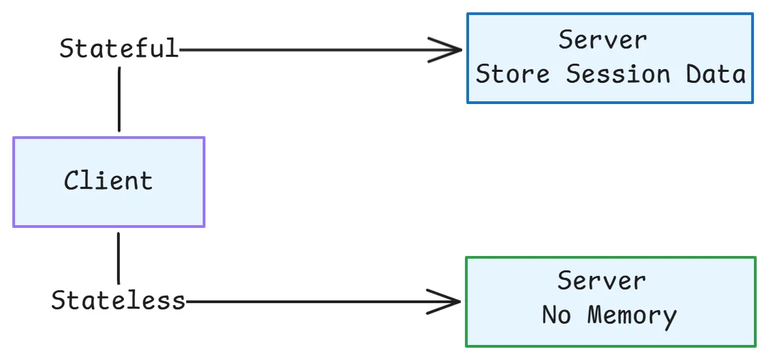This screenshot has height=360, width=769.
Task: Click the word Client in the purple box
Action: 108,181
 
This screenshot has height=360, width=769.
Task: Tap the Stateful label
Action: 118,49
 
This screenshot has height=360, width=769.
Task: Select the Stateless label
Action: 118,300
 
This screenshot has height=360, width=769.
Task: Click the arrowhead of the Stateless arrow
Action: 449,301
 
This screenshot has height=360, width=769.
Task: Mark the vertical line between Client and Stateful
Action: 119,99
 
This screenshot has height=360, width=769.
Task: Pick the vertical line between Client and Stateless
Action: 118,258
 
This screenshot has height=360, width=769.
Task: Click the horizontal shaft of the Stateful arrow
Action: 308,50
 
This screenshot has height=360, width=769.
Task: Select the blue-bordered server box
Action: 609,58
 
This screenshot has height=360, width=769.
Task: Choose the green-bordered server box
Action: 610,301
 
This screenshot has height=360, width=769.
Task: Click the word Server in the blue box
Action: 603,40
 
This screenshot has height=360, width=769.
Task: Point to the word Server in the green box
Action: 601,281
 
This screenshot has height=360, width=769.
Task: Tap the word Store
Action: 512,74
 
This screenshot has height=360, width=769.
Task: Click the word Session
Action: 618,74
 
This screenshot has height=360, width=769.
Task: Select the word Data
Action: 716,74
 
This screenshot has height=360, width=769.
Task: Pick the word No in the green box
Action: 556,316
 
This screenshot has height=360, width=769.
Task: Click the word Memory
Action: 632,316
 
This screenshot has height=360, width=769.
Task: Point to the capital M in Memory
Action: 596,316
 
